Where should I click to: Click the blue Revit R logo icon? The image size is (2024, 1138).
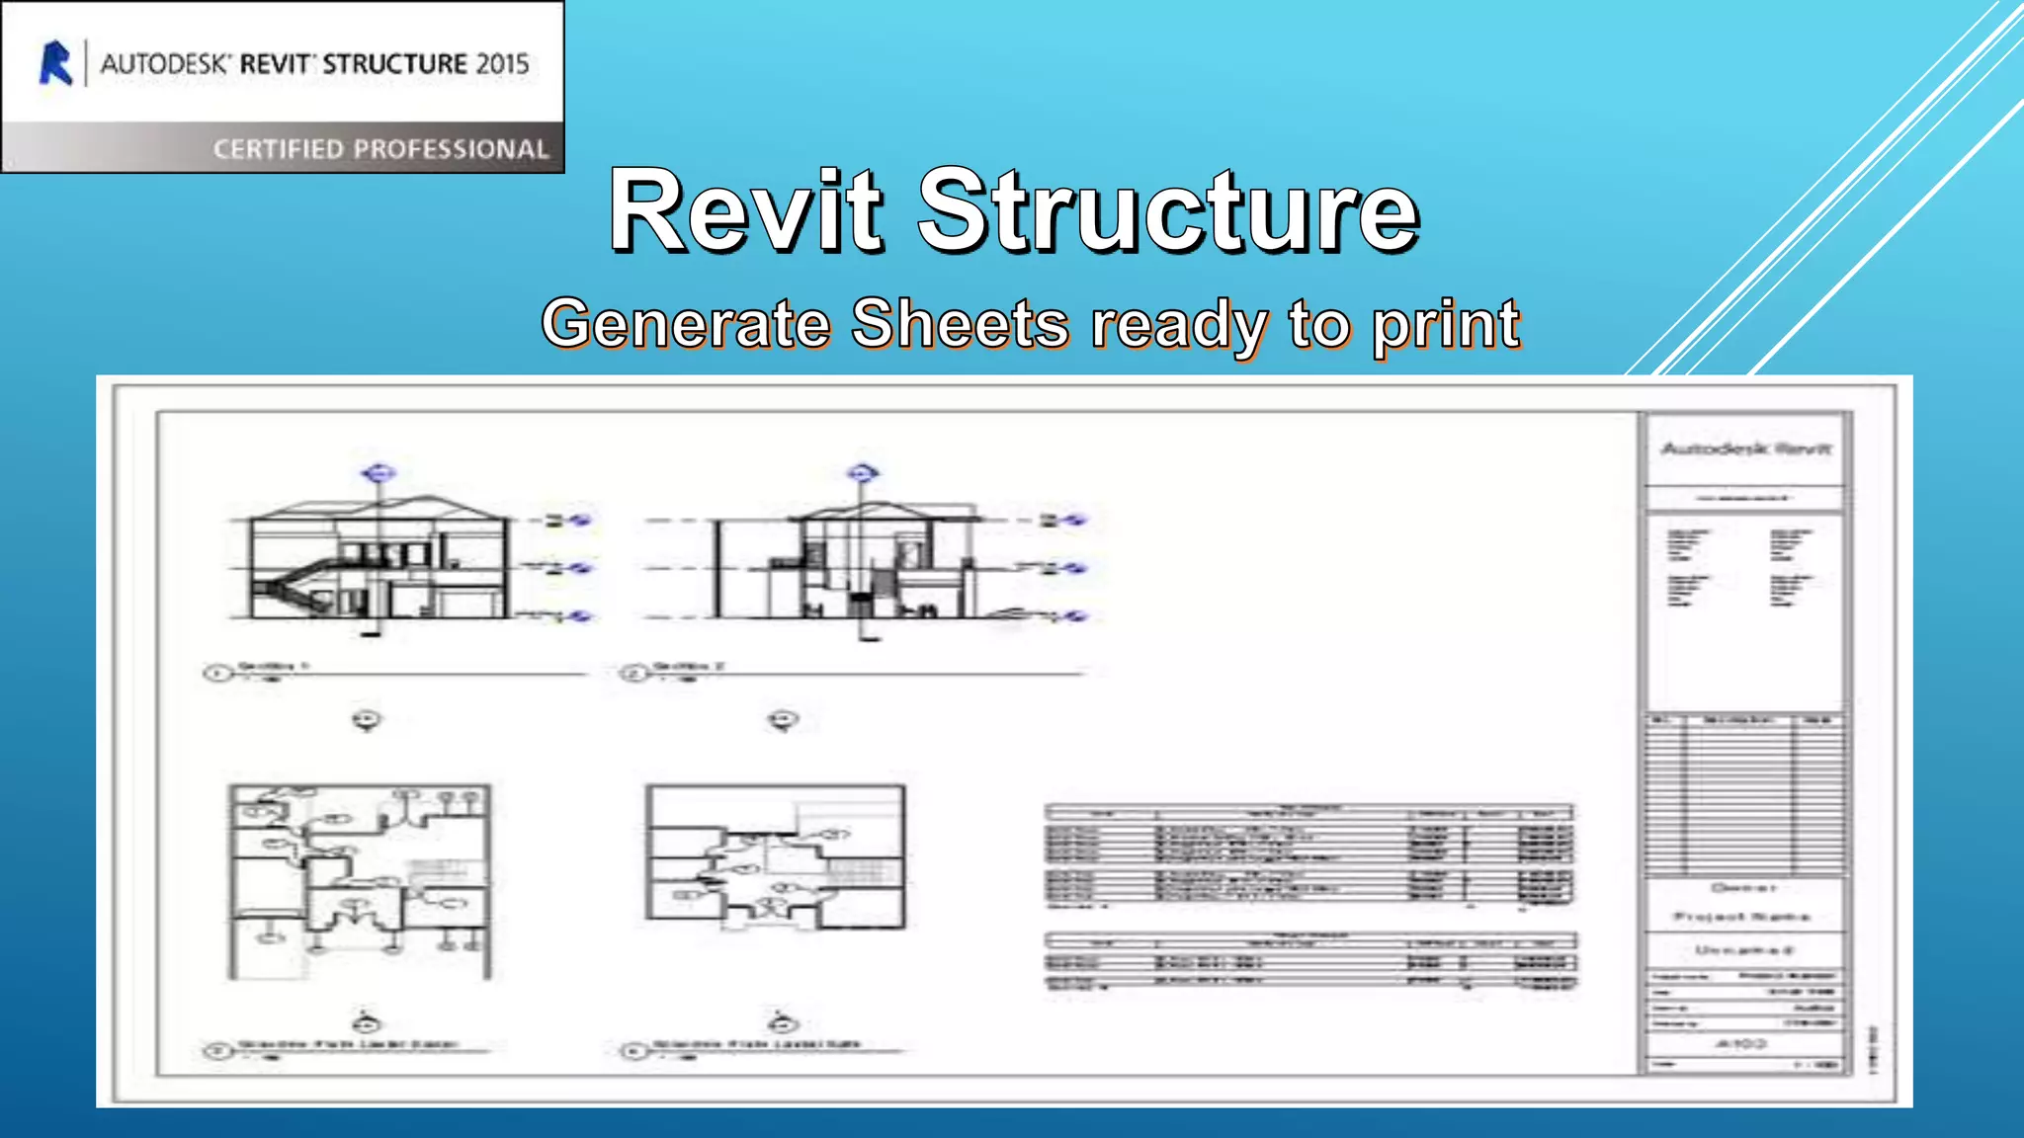pyautogui.click(x=56, y=63)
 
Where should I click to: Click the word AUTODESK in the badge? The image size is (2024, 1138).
pyautogui.click(x=165, y=64)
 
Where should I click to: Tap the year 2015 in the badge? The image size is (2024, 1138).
pyautogui.click(x=503, y=64)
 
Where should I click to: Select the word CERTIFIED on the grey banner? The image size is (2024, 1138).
pyautogui.click(x=278, y=149)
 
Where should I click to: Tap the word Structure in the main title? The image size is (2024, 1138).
pyautogui.click(x=1169, y=210)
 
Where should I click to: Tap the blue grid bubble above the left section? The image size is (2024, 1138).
pyautogui.click(x=378, y=473)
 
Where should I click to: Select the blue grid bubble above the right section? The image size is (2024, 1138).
pyautogui.click(x=863, y=473)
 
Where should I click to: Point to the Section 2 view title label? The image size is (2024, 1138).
pyautogui.click(x=689, y=667)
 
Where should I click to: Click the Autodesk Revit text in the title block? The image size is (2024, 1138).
pyautogui.click(x=1745, y=449)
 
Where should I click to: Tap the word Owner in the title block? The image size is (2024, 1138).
pyautogui.click(x=1744, y=888)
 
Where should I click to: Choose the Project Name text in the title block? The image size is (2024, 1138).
pyautogui.click(x=1742, y=917)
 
